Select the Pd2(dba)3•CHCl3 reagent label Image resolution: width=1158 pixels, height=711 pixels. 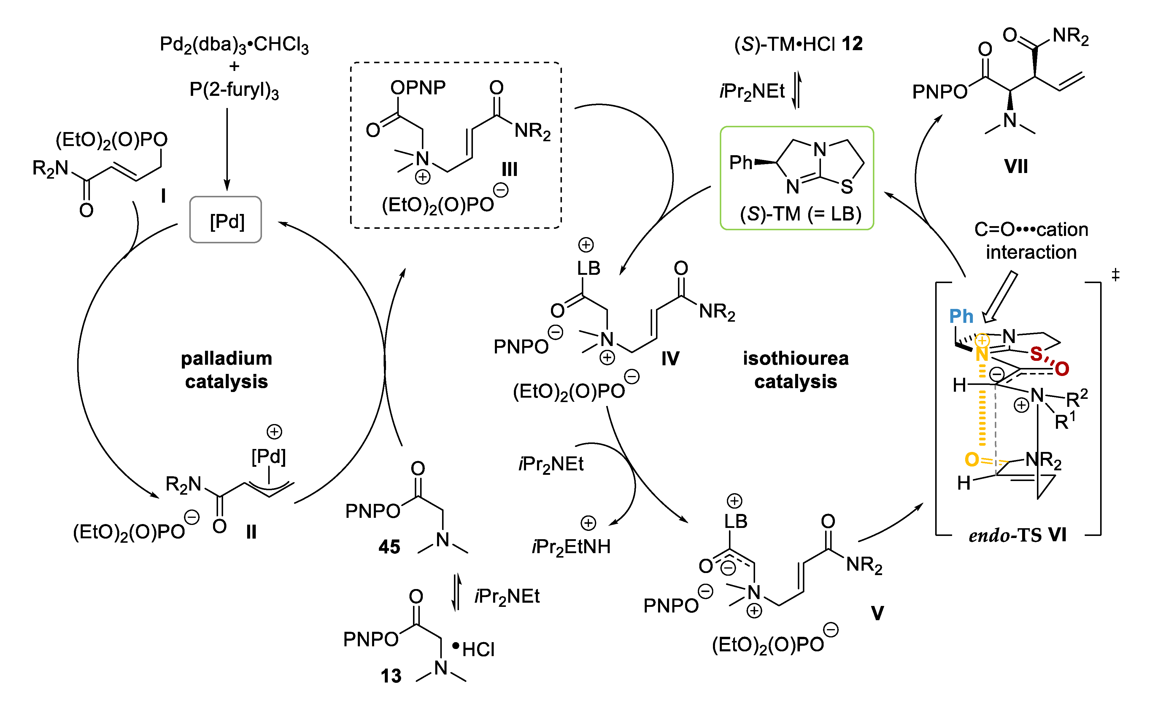(x=234, y=45)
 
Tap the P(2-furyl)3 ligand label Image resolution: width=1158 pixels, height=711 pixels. (x=234, y=89)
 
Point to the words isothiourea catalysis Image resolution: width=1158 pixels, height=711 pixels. (x=795, y=370)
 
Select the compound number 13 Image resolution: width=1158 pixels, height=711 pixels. (x=391, y=676)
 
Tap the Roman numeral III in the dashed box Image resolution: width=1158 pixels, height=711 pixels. (x=509, y=169)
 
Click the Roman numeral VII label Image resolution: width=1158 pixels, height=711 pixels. (x=1016, y=166)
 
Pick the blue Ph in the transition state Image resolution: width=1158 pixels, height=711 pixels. (x=960, y=316)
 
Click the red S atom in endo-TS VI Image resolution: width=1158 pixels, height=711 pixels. (x=1036, y=354)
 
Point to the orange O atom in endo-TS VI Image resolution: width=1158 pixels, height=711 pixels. (x=971, y=459)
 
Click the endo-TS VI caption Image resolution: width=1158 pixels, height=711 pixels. (x=1017, y=535)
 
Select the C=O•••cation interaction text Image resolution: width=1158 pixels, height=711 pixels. (x=1031, y=241)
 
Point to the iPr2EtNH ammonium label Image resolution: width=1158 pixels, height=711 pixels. (x=571, y=546)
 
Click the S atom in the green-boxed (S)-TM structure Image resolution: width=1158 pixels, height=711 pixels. (x=847, y=187)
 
